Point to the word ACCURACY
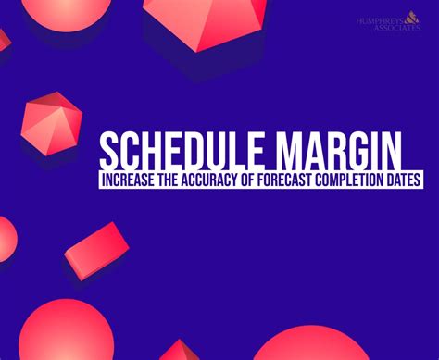click(209, 180)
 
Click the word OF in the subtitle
click(247, 180)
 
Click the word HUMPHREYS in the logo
click(379, 19)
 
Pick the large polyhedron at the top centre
click(205, 23)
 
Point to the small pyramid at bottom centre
click(179, 352)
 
